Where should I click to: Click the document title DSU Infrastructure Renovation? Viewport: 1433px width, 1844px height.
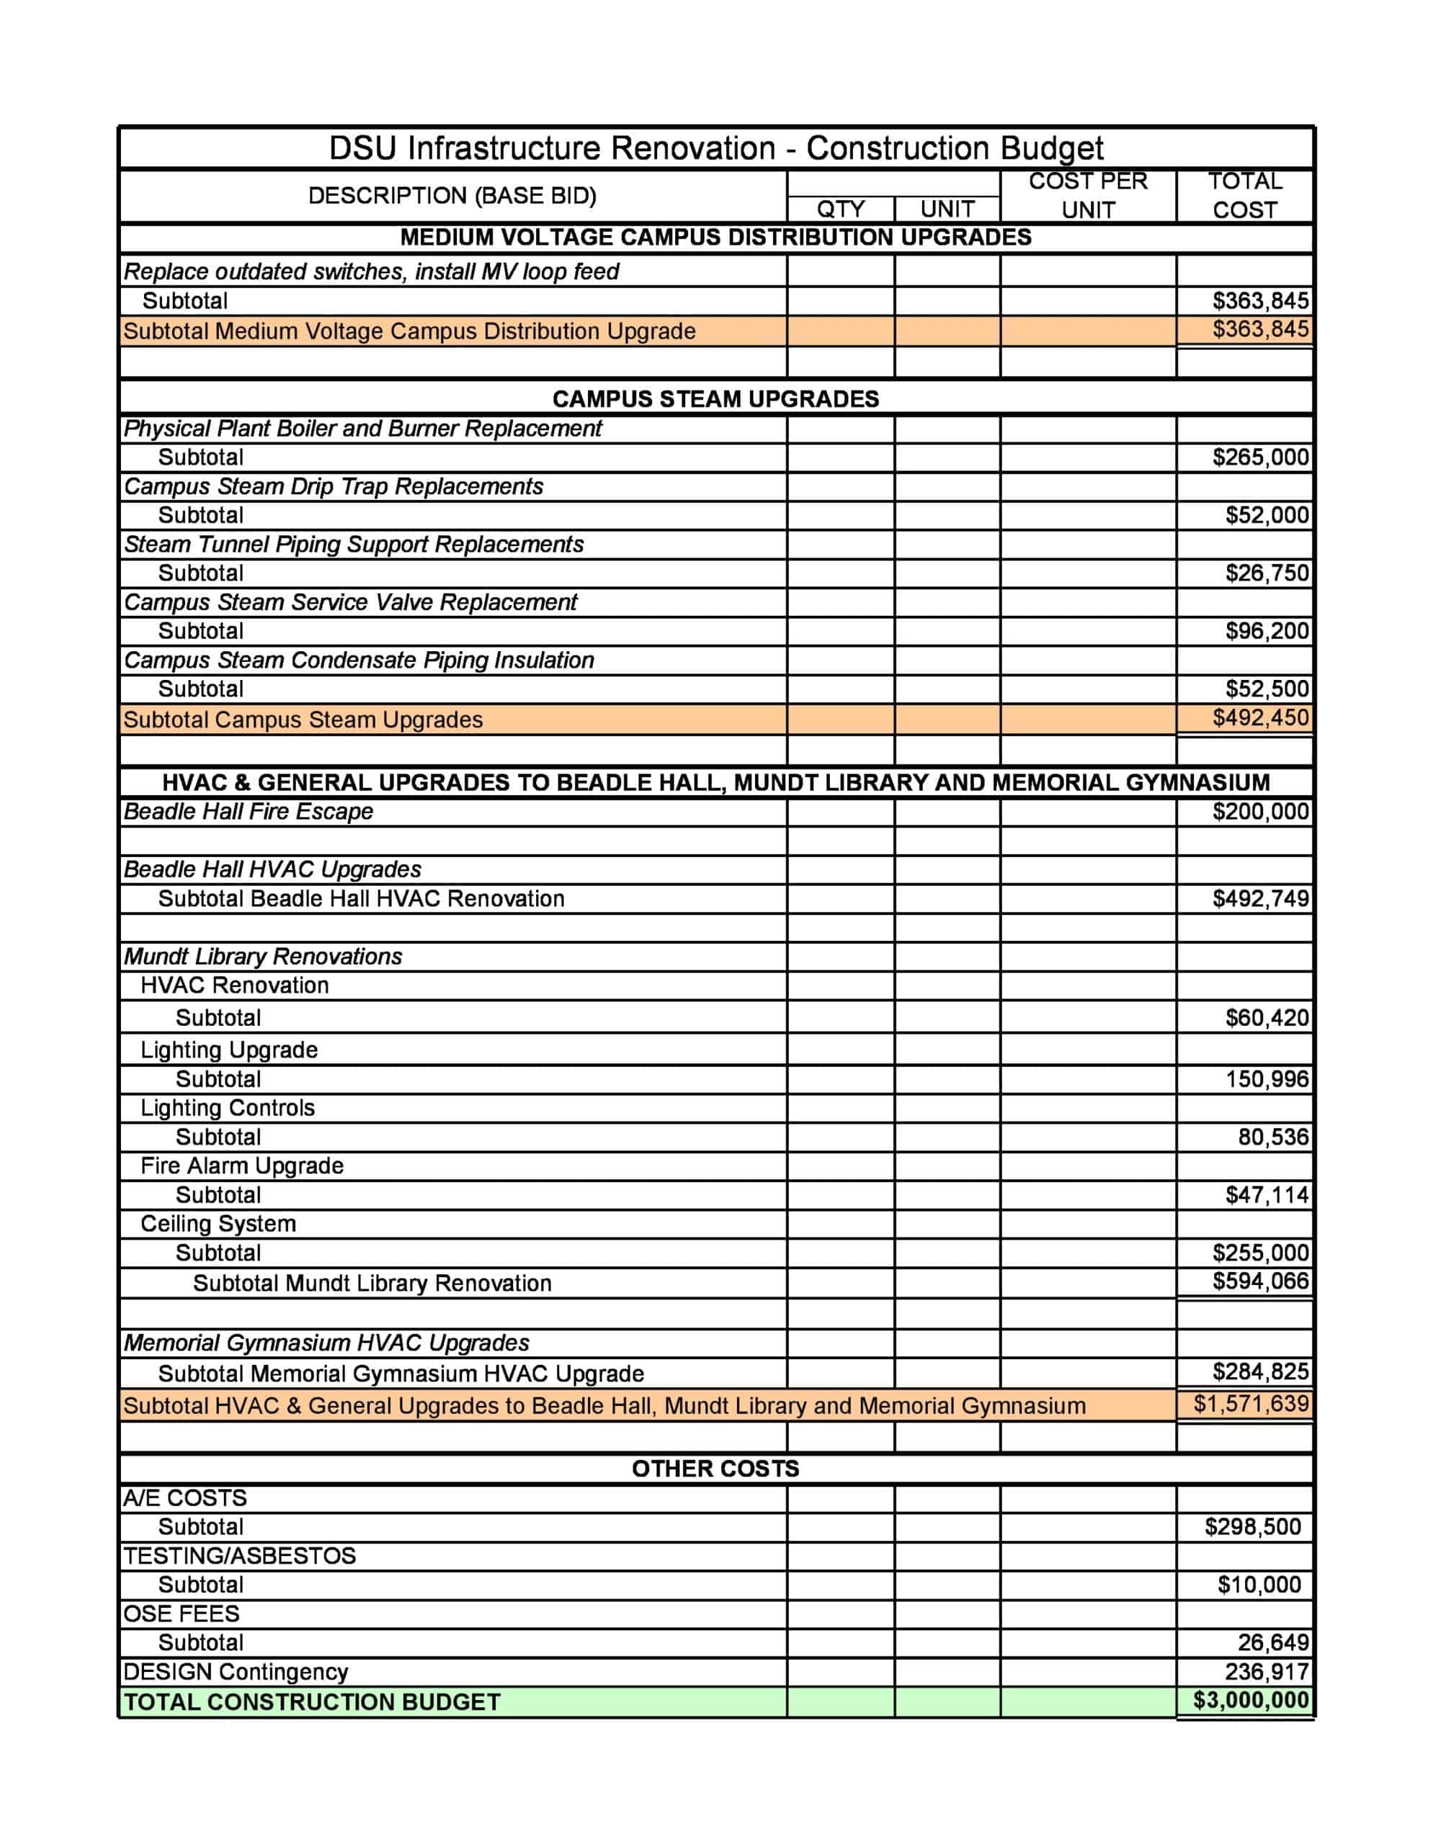715,148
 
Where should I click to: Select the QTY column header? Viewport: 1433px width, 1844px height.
840,209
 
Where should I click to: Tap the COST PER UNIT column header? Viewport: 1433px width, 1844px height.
1088,195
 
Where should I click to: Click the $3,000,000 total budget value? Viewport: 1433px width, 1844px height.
1251,1700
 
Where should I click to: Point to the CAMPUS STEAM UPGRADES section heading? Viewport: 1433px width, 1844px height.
715,398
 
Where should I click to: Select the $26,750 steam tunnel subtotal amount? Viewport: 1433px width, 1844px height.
1267,573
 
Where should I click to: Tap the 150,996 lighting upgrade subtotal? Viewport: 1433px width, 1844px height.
1267,1079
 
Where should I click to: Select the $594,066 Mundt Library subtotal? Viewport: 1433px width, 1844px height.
1260,1281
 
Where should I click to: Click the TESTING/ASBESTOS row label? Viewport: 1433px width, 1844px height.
240,1555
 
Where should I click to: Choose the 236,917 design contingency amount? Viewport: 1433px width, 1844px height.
1267,1672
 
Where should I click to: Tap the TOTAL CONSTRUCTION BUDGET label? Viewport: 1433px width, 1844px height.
313,1702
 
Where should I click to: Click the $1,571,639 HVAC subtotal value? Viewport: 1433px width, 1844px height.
1251,1404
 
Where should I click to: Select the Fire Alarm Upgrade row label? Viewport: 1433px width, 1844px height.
241,1165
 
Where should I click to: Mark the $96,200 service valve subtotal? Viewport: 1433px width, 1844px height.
1267,631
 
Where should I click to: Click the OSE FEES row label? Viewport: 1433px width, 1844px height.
182,1613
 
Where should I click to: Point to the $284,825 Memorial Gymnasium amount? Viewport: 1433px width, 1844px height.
1260,1371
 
